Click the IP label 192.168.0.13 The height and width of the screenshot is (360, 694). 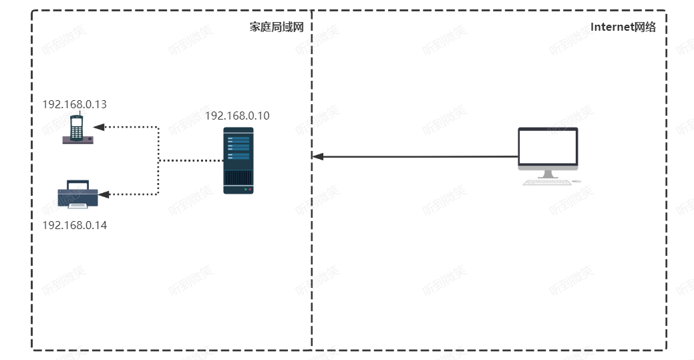pos(74,104)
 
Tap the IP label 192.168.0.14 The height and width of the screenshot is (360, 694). pos(74,225)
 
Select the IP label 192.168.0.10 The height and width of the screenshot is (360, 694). pos(237,116)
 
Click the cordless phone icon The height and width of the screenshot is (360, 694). pos(78,129)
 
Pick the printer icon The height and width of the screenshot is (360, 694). pos(78,194)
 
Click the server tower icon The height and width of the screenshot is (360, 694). pos(238,161)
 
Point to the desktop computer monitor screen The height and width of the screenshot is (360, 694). pos(548,147)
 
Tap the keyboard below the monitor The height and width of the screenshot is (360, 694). pos(547,182)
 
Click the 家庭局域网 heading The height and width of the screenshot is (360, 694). pos(277,27)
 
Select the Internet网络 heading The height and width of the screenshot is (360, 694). pos(623,27)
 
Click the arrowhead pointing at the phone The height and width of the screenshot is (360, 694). pos(99,127)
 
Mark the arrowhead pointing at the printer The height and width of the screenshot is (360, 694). pos(104,194)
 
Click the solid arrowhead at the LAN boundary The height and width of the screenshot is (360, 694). pos(318,156)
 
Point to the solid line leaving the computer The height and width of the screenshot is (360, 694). pos(415,156)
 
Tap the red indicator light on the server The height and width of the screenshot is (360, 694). pos(250,190)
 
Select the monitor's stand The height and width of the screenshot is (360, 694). pos(548,174)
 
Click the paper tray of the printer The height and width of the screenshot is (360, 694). pos(78,206)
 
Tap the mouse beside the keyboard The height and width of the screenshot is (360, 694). pos(576,181)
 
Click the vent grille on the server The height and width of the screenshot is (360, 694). pos(238,178)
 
